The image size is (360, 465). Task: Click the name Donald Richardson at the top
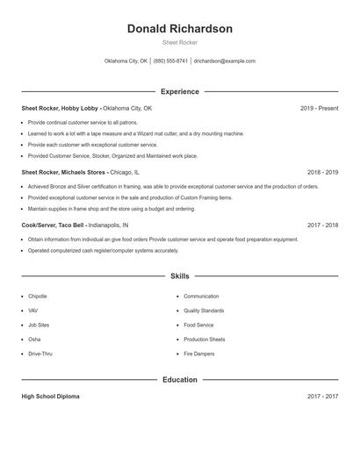click(180, 29)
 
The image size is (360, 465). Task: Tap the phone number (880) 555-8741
click(171, 61)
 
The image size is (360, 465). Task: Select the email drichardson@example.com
click(225, 61)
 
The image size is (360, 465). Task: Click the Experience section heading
click(180, 91)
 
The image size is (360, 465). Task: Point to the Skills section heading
click(180, 275)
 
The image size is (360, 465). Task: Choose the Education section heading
click(180, 380)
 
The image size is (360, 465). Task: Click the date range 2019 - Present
click(319, 108)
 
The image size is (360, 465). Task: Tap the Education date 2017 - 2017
click(322, 397)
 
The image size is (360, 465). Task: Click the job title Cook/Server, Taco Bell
click(52, 225)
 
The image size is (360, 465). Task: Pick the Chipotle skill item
click(38, 297)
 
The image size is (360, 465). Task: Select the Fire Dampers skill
click(199, 354)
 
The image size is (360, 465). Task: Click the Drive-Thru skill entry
click(40, 354)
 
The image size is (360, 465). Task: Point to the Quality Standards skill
click(204, 311)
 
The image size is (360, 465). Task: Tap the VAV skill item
click(33, 311)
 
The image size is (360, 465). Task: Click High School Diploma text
click(50, 397)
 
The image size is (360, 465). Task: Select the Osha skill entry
click(34, 340)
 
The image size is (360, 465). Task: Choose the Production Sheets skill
click(205, 340)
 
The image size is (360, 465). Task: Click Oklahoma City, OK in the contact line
click(126, 61)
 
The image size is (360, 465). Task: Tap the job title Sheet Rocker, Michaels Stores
click(62, 173)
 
